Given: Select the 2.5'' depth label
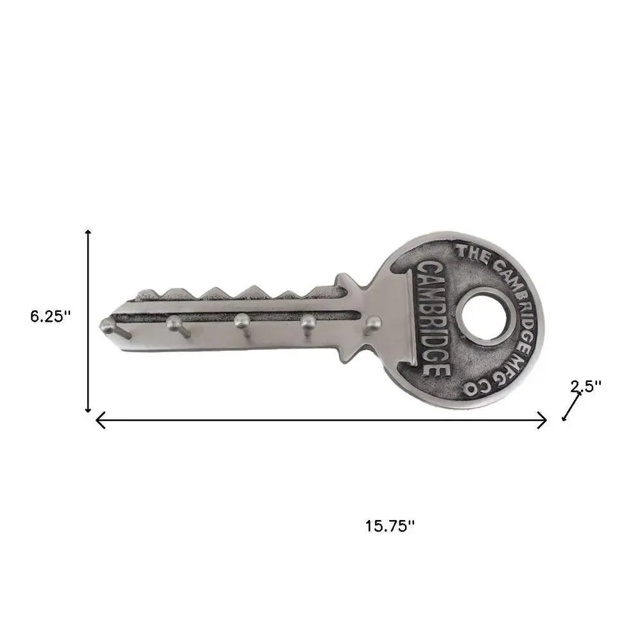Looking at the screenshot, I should (586, 386).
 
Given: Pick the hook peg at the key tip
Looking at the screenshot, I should (108, 326).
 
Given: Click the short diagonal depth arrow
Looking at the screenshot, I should (571, 406).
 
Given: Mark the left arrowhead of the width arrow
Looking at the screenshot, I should (99, 421).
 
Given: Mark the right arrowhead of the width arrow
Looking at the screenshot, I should (543, 421).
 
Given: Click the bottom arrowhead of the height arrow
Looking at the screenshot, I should (89, 410).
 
